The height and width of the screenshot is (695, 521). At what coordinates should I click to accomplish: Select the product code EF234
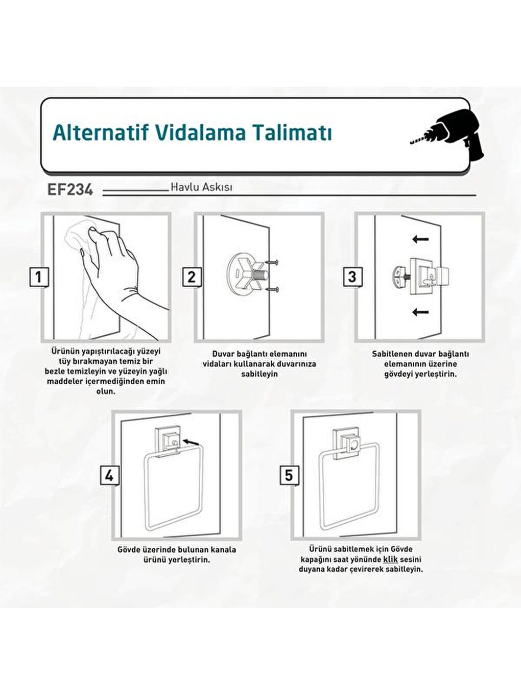70,190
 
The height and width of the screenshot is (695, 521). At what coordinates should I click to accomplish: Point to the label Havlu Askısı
201,187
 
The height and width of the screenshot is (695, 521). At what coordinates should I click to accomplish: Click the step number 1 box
39,277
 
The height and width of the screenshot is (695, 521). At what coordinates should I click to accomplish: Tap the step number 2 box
192,277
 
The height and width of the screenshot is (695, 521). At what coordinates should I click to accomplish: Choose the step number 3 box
352,277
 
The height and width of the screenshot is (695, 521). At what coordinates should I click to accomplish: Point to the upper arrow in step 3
420,239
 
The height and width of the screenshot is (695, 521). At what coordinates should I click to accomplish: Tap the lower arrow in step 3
420,312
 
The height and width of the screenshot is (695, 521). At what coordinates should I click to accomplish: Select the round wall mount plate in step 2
241,275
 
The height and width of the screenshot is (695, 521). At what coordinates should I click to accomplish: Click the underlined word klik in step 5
390,559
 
